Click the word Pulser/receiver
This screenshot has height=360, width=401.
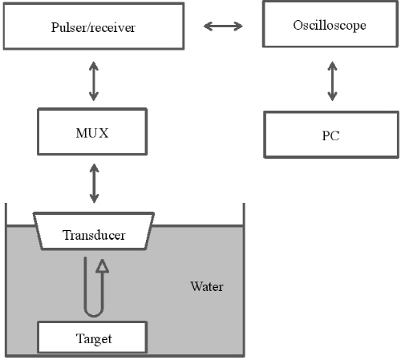(93, 27)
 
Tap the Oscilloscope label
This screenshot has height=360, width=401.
(330, 26)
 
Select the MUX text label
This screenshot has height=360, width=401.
(92, 133)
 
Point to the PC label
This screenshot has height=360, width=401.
(331, 136)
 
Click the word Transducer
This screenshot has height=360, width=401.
(94, 235)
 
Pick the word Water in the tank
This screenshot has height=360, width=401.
(207, 286)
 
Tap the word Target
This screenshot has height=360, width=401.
(94, 339)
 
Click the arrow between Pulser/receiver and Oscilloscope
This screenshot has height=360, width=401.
(223, 26)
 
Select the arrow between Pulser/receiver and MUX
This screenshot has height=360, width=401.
(94, 81)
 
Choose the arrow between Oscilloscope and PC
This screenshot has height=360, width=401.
(332, 81)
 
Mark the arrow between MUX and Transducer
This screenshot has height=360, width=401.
(94, 184)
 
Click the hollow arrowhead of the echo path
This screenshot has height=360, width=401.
(102, 265)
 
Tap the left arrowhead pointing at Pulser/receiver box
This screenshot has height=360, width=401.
(208, 26)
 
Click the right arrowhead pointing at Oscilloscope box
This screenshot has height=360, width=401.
(238, 26)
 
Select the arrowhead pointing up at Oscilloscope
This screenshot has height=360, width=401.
(332, 66)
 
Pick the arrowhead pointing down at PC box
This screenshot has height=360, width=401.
(332, 96)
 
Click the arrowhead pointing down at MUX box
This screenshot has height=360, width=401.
(94, 96)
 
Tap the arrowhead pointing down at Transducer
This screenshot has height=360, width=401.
(94, 199)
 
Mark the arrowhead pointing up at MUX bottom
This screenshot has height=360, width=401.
(94, 168)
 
